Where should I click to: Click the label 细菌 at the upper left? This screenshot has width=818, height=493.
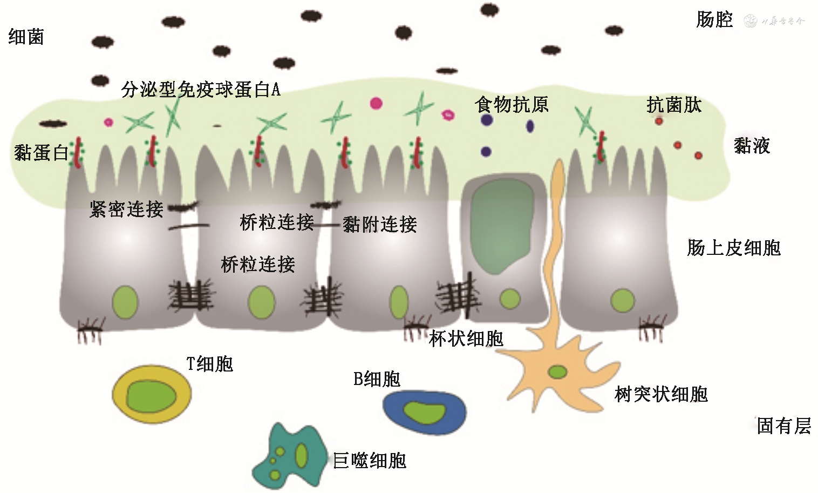(26, 37)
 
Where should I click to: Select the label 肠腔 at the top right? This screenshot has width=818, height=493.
(714, 20)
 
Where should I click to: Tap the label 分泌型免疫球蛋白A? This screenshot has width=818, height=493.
(201, 89)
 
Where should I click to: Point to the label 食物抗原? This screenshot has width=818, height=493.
(512, 104)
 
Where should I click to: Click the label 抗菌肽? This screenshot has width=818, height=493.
(674, 105)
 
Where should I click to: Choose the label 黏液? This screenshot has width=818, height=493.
(752, 146)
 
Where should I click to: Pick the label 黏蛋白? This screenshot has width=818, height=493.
(41, 153)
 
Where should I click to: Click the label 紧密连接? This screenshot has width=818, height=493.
(126, 209)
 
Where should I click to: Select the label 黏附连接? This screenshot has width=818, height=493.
(380, 224)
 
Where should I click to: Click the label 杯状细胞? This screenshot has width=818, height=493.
(466, 339)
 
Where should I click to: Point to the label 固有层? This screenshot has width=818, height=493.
(783, 426)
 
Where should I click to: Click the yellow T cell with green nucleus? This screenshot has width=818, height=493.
(152, 394)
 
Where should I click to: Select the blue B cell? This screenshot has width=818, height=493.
(425, 411)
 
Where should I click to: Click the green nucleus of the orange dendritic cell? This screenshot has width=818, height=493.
(557, 372)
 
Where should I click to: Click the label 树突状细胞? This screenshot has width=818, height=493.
(661, 394)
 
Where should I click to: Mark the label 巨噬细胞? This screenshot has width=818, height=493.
(370, 461)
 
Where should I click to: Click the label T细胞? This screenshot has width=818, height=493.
(209, 364)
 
